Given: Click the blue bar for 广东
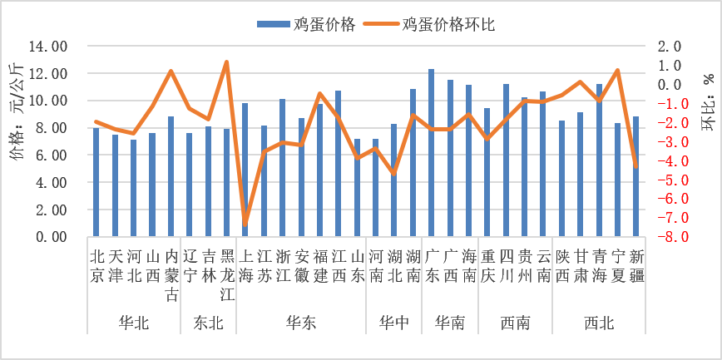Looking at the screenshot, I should click(x=431, y=153).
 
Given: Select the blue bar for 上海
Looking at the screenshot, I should click(x=245, y=170).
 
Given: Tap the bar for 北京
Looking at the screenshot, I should click(x=96, y=182).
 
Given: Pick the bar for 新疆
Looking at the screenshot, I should click(x=635, y=176).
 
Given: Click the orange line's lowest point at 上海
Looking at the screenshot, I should click(x=245, y=224).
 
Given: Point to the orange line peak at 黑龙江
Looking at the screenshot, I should click(x=226, y=62).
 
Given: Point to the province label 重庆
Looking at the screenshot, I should click(x=487, y=265).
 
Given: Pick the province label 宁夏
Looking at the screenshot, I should click(x=617, y=265).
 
